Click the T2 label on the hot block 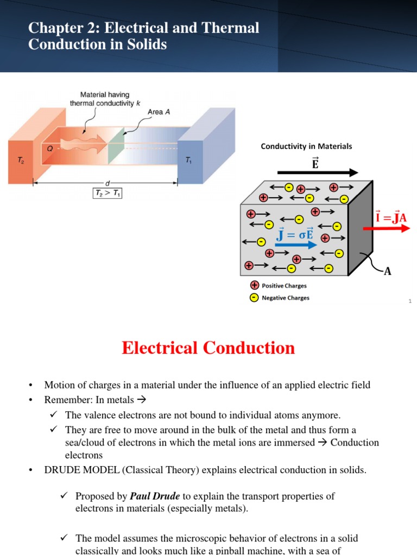(x=21, y=162)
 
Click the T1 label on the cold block (x=188, y=161)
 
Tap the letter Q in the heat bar (x=49, y=145)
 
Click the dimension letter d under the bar (x=107, y=183)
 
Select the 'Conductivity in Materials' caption (x=306, y=146)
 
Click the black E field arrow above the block (x=317, y=172)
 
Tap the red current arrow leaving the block (x=386, y=228)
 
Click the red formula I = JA (x=391, y=217)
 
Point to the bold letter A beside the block (x=388, y=271)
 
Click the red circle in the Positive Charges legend (x=254, y=286)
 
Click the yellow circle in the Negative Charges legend (x=254, y=298)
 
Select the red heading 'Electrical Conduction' (x=208, y=347)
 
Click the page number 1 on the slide (x=410, y=301)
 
